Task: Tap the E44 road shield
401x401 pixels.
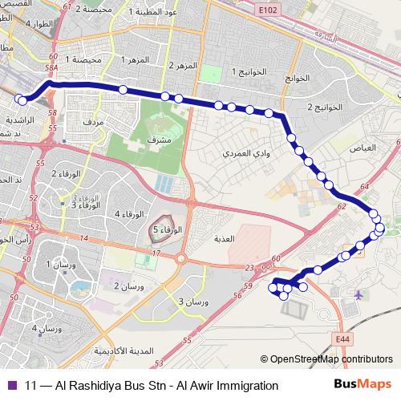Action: pyautogui.click(x=343, y=340)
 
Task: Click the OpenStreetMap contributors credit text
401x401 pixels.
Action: pyautogui.click(x=331, y=360)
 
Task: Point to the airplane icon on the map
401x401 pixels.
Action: pyautogui.click(x=356, y=294)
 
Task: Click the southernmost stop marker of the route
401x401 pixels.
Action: pyautogui.click(x=283, y=295)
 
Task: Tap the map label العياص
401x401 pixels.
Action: pyautogui.click(x=364, y=148)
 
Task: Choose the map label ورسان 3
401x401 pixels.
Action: pyautogui.click(x=192, y=301)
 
